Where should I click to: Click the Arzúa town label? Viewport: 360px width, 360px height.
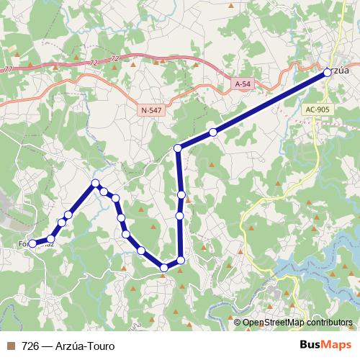pos(338,71)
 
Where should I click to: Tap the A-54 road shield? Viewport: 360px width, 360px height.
pos(243,84)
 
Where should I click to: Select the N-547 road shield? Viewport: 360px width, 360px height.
pos(152,109)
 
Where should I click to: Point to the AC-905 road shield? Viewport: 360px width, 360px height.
pos(317,109)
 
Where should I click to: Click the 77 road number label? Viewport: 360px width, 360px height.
pos(8,69)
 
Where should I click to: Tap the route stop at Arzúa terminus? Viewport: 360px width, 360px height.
pos(328,71)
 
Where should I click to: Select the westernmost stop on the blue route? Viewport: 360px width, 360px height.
pos(32,244)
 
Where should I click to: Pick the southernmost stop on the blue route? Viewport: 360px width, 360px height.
pos(164,268)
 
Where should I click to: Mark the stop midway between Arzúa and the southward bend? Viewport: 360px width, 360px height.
pos(213,132)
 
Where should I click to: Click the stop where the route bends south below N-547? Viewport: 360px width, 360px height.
pos(178,148)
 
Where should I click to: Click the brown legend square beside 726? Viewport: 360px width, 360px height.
pos(9,346)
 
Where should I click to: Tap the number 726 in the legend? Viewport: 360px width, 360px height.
pos(31,346)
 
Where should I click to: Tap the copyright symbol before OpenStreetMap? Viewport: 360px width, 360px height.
pos(238,323)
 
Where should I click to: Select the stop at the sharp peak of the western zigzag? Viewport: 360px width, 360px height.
pos(95,184)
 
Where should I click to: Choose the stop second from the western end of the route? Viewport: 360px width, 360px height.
pos(50,238)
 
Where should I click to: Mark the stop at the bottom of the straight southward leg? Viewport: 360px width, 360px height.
pos(181,260)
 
